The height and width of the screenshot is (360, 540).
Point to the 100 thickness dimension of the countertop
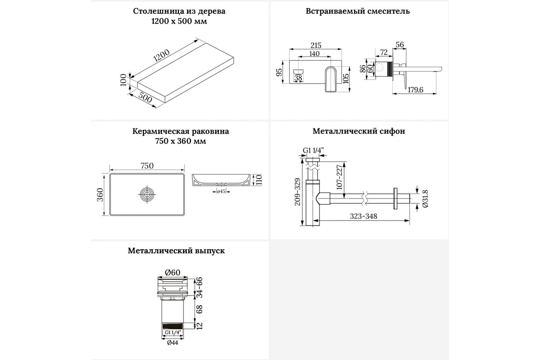(123, 81)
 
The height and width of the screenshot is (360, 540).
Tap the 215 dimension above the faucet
(316, 45)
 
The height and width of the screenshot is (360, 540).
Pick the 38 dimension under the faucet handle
(298, 78)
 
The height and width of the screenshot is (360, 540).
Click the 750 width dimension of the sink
(147, 166)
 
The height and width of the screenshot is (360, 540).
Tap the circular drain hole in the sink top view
(147, 195)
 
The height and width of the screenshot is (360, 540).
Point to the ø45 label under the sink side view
(221, 191)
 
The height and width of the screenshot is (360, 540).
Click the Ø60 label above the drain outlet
(172, 272)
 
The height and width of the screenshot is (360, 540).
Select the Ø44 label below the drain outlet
(173, 342)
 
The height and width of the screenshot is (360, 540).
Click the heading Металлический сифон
(359, 131)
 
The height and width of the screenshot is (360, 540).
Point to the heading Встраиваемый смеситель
(358, 11)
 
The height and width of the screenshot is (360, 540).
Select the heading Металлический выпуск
(176, 251)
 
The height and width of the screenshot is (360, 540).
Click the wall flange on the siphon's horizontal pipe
(396, 198)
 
